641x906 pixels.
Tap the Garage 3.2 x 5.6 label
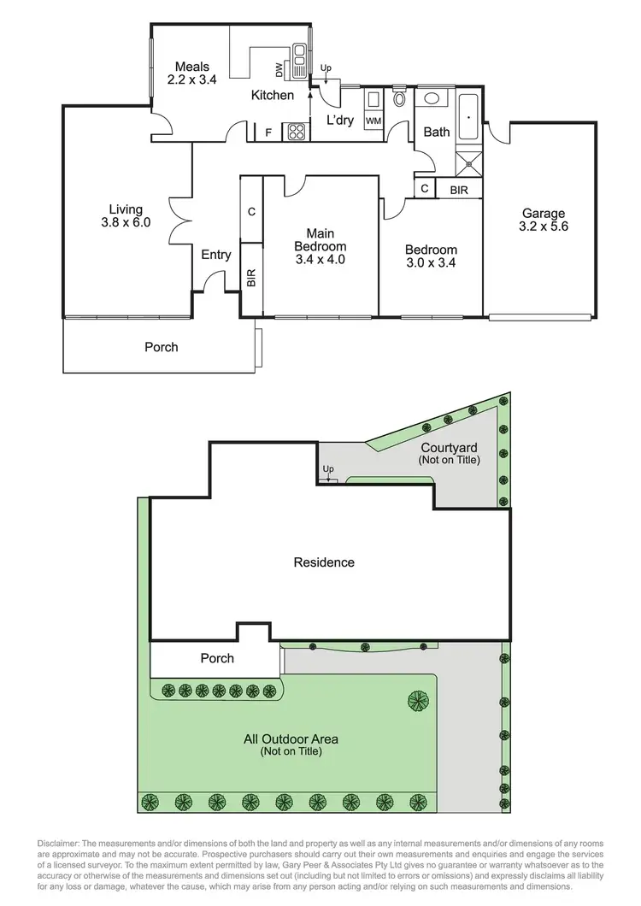pos(543,221)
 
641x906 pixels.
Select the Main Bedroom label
pos(320,246)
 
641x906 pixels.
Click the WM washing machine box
pos(373,121)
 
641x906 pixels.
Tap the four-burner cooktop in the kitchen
pos(296,132)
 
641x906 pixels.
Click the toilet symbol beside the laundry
pos(399,100)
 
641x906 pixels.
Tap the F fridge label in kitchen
pos(268,132)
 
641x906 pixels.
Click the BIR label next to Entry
pos(251,277)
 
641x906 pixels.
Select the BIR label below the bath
pos(459,190)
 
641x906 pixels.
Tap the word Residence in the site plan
pos(324,562)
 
